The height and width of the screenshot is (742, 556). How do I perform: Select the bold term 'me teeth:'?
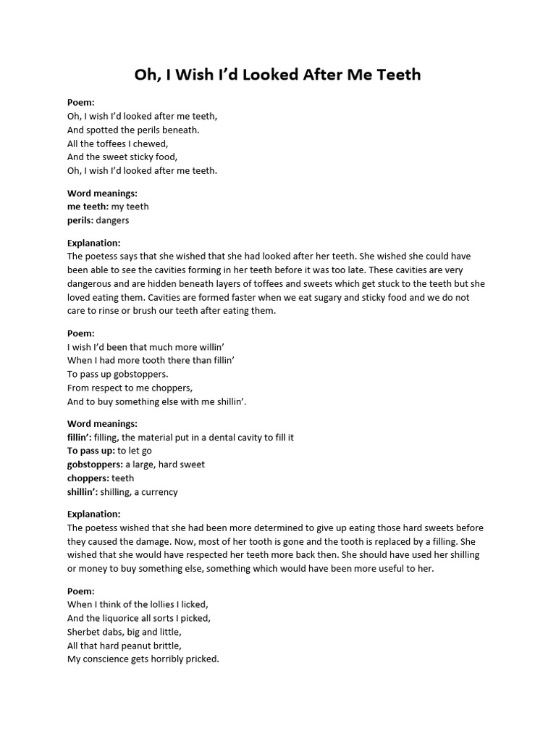tap(88, 207)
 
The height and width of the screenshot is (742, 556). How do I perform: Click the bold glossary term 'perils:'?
tap(80, 220)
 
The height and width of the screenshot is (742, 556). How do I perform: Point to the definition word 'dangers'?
tap(112, 220)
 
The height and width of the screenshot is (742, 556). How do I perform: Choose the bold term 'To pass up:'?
tap(91, 451)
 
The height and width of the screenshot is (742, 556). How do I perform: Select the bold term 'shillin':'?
tap(82, 492)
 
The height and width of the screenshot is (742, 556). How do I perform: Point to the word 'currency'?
tap(160, 492)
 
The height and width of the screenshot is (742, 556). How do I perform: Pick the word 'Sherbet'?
tap(84, 632)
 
